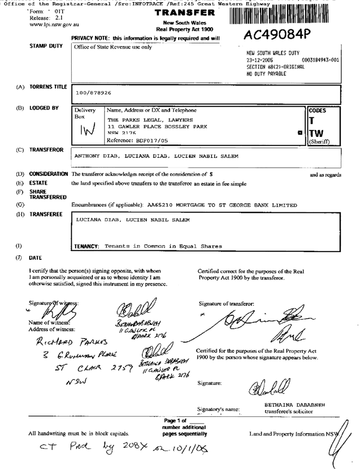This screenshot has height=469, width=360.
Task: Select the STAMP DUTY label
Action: (x=46, y=46)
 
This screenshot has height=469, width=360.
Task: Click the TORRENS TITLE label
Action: (x=48, y=87)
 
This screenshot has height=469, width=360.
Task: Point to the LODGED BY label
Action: (x=44, y=108)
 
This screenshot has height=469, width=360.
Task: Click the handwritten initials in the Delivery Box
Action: (x=87, y=131)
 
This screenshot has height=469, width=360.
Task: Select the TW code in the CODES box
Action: (x=317, y=133)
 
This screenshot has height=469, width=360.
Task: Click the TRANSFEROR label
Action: (x=46, y=150)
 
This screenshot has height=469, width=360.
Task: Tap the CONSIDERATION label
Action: (x=48, y=174)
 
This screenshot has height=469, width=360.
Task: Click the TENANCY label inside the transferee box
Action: (x=86, y=246)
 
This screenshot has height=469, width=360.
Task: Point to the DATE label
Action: (x=35, y=258)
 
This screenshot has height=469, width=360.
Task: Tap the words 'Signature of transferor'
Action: (x=226, y=304)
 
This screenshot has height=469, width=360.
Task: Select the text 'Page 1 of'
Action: (x=176, y=420)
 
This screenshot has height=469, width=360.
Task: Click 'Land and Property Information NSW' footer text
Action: (x=294, y=434)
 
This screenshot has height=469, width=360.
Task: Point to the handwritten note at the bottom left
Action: (x=124, y=448)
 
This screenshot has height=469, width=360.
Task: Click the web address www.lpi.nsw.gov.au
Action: (x=55, y=24)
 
